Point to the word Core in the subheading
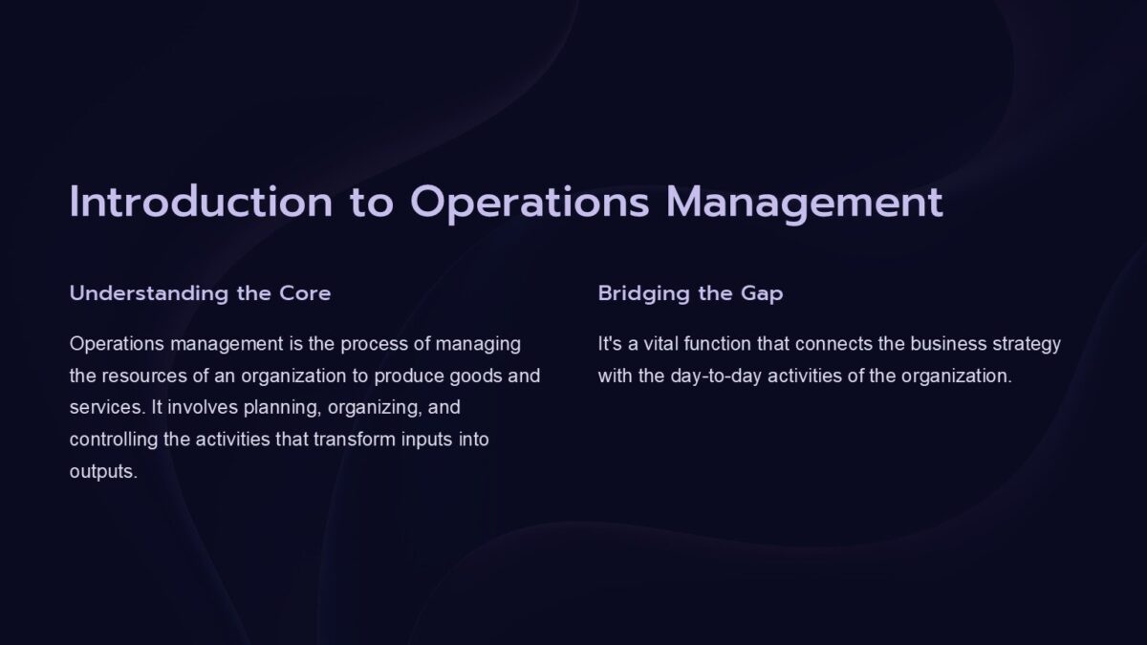[305, 293]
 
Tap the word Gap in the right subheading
[762, 293]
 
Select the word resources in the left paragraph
[141, 376]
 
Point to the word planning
[283, 408]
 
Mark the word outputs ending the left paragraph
[103, 472]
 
